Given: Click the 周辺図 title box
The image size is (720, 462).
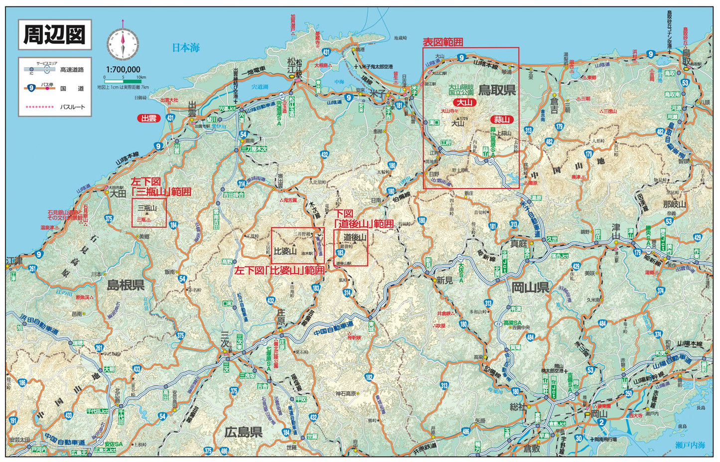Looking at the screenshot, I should (55, 35).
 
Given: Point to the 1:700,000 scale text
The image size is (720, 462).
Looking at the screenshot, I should (123, 69).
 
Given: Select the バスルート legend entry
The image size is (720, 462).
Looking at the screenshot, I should (73, 107).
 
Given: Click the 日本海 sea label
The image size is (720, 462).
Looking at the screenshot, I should (186, 48).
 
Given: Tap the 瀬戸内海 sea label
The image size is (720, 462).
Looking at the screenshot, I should (691, 445).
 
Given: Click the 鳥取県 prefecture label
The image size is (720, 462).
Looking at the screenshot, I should (497, 90).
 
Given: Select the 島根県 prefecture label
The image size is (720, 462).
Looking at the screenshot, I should (126, 285).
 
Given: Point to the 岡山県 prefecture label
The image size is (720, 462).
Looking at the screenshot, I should (530, 287).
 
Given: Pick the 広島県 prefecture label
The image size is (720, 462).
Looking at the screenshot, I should (243, 432).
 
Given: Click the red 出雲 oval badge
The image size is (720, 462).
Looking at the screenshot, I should (148, 119).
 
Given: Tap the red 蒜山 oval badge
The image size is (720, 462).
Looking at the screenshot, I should (502, 119).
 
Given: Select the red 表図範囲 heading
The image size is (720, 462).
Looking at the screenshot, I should (443, 42).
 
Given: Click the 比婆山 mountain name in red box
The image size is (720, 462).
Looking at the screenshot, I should (286, 250).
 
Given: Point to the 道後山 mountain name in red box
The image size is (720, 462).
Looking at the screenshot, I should (355, 238).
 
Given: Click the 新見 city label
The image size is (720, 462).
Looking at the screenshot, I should (444, 281).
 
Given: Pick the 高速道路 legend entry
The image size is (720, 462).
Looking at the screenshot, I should (72, 70).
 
